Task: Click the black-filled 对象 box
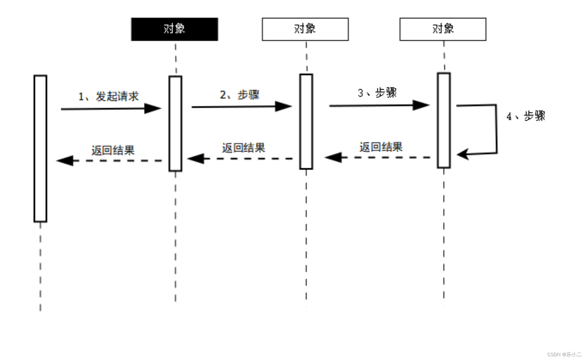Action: [174, 29]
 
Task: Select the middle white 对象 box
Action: [305, 29]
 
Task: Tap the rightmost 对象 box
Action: [443, 29]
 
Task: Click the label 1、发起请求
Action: [108, 96]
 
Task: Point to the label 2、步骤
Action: [240, 94]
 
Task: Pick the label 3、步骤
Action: [377, 93]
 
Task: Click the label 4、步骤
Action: [526, 116]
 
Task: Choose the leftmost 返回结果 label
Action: [113, 150]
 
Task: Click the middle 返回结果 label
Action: [243, 148]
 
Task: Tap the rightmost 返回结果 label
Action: [381, 147]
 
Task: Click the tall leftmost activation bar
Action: [40, 148]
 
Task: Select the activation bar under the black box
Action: [175, 124]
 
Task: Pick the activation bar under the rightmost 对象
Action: [444, 120]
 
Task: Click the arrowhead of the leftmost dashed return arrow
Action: [65, 160]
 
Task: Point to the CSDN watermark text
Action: [564, 354]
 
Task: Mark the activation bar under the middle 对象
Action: [306, 121]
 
